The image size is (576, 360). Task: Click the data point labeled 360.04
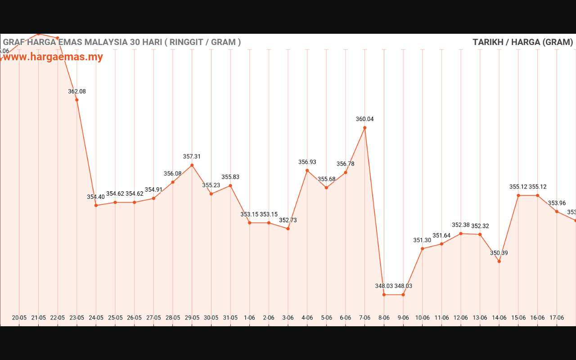point(364,128)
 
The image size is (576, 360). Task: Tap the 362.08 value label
point(77,91)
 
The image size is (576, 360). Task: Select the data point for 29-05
point(192,165)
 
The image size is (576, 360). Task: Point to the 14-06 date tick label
point(499,318)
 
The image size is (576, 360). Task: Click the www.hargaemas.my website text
point(53,57)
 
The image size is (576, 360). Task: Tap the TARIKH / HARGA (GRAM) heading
point(522,42)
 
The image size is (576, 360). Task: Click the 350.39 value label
point(499,253)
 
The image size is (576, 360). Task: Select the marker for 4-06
point(307,171)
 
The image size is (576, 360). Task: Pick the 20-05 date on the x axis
point(19,318)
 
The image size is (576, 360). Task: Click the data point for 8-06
point(384,295)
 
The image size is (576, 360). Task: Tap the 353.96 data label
point(557,203)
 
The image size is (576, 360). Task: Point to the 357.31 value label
point(192,157)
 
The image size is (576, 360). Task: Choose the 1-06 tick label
point(249,318)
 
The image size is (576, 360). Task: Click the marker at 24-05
point(96,206)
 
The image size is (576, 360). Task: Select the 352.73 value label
point(288,220)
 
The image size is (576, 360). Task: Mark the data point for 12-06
point(461,234)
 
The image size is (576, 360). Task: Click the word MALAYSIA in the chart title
point(106,42)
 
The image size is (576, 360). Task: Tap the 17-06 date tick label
point(557,318)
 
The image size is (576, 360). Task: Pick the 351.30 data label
point(422,240)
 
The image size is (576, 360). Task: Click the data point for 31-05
point(230,185)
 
